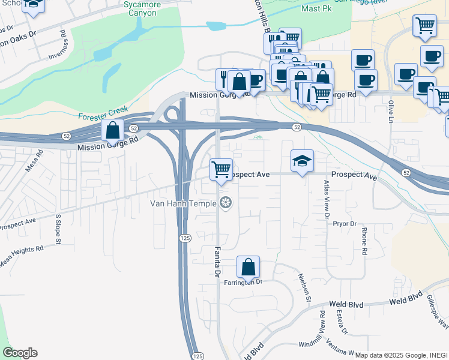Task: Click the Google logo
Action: pyautogui.click(x=20, y=353)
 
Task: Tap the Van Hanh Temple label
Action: pyautogui.click(x=182, y=203)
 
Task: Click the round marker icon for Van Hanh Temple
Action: pyautogui.click(x=226, y=203)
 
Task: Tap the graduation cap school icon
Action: pyautogui.click(x=302, y=161)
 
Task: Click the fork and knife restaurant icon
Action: pyautogui.click(x=224, y=78)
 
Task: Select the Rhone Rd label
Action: pyautogui.click(x=364, y=241)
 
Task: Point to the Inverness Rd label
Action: pyautogui.click(x=62, y=50)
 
